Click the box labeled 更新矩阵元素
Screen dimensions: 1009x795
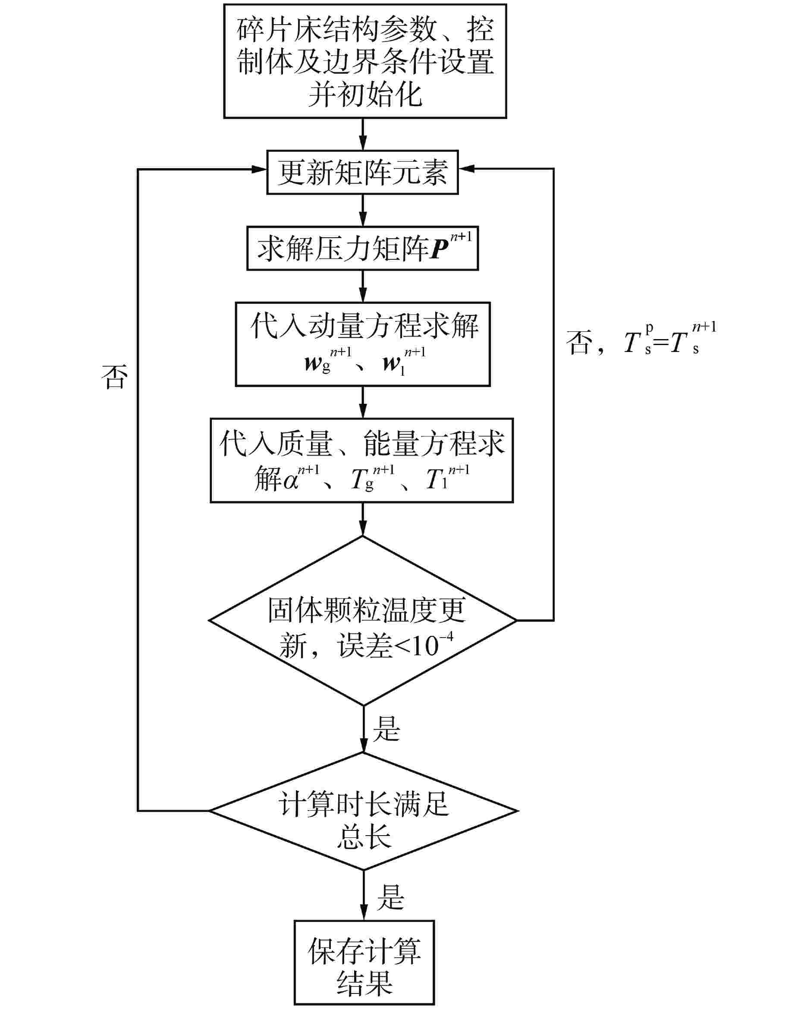pyautogui.click(x=362, y=172)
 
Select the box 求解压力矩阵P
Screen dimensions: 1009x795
pyautogui.click(x=362, y=248)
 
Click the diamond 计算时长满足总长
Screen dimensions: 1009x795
pyautogui.click(x=363, y=811)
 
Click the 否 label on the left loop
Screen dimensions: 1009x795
pyautogui.click(x=114, y=377)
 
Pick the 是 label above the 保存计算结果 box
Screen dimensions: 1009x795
pyautogui.click(x=390, y=896)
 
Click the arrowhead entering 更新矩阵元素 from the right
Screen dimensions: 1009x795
pyautogui.click(x=466, y=169)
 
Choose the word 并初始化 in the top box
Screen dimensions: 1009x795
pyautogui.click(x=365, y=96)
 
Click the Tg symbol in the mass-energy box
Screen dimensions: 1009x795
pyautogui.click(x=362, y=479)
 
